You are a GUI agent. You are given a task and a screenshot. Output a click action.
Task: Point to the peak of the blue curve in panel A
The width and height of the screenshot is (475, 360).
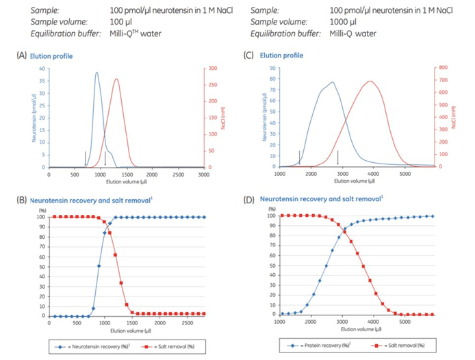97,73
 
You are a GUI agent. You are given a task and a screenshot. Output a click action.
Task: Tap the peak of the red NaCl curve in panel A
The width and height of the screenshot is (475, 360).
116,79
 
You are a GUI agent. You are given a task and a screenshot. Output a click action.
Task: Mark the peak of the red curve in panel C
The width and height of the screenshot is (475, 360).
370,81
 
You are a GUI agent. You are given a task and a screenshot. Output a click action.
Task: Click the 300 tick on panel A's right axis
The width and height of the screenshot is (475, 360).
212,68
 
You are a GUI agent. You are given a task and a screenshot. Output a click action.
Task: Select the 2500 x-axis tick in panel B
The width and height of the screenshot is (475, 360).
176,322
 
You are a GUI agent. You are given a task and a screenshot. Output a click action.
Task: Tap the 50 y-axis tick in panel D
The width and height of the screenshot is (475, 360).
272,266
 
